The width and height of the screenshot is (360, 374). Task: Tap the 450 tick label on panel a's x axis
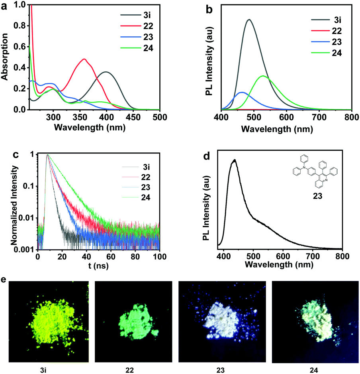(x=133, y=117)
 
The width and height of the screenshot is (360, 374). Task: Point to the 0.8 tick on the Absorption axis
(x=18, y=26)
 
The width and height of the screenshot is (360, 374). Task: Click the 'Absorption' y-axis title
(x=6, y=57)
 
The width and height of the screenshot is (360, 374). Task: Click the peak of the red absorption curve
(x=84, y=59)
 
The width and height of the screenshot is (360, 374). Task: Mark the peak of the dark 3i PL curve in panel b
(x=249, y=19)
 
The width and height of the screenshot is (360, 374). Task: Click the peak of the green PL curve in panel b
(x=263, y=76)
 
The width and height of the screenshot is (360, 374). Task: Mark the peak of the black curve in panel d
(x=235, y=160)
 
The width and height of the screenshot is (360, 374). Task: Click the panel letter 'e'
(x=4, y=280)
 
